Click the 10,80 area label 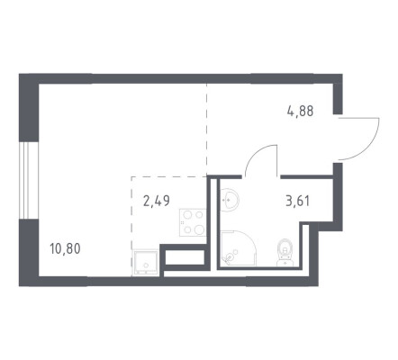pos(65,248)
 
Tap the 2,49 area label pos(157,201)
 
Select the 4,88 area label pos(300,111)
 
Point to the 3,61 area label pos(297,201)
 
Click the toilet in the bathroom pos(285,252)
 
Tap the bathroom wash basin pos(230,199)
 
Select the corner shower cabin pos(239,248)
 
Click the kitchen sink pos(145,263)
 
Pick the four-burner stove pos(193,222)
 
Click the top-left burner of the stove pos(187,215)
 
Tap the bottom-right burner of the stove pos(199,229)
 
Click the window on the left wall pos(29,180)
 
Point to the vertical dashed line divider pos(206,129)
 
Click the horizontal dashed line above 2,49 pos(168,177)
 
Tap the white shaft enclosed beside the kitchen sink pos(185,257)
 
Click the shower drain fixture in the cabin pos(230,257)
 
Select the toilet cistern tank pos(285,263)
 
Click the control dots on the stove pos(182,222)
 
